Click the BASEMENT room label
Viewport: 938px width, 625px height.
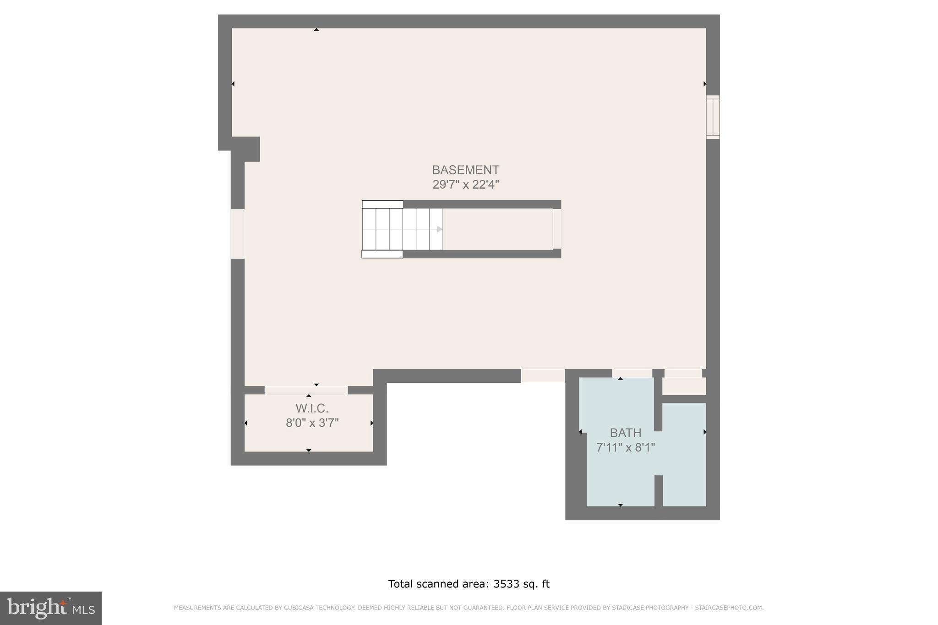(x=465, y=170)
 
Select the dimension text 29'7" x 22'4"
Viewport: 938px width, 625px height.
(x=465, y=185)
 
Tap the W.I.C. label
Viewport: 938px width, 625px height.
(x=312, y=408)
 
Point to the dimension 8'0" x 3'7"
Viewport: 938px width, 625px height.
(x=312, y=423)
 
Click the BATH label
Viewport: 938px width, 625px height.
(x=625, y=433)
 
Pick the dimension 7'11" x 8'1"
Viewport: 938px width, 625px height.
(x=625, y=447)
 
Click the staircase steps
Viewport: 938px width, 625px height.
(x=402, y=229)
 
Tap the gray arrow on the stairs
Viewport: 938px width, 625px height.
(x=439, y=229)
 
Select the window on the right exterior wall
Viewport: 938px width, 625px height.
(x=713, y=117)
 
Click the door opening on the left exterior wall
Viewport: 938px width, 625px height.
(x=237, y=234)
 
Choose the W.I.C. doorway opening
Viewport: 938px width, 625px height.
(x=306, y=390)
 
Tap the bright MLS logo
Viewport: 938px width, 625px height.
(x=50, y=608)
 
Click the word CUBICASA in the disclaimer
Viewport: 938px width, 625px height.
(x=296, y=608)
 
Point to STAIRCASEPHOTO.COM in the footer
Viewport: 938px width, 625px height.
(x=729, y=608)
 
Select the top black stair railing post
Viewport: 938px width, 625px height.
(x=382, y=204)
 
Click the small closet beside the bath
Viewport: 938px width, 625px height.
(x=684, y=386)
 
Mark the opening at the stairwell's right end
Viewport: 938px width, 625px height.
(x=556, y=229)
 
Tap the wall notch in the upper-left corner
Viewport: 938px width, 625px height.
(x=245, y=149)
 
